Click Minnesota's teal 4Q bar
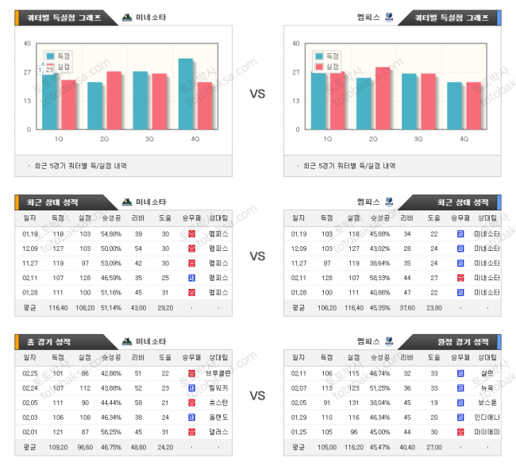[186, 94]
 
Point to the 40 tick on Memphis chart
[297, 44]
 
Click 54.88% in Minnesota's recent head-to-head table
[110, 234]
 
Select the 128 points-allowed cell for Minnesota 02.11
[84, 278]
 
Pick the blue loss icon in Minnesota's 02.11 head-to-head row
[191, 278]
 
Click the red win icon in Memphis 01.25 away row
[460, 431]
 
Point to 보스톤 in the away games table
[486, 402]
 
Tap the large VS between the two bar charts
[257, 94]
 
